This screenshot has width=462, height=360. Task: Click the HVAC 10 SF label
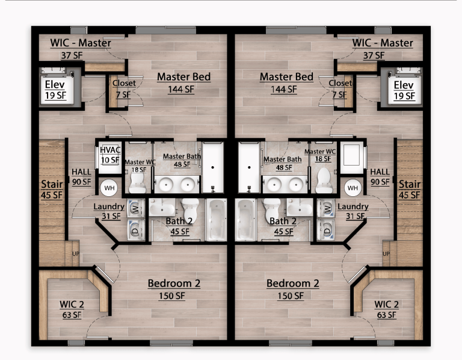click(110, 155)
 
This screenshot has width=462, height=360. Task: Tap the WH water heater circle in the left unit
click(109, 188)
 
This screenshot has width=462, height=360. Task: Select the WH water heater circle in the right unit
click(353, 188)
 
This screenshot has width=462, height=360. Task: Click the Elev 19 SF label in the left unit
click(54, 90)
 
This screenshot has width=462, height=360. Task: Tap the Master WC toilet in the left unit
click(138, 180)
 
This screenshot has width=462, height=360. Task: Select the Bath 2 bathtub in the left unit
click(217, 219)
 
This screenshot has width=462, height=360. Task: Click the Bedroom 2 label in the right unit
click(293, 289)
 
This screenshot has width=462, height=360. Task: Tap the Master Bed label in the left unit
click(183, 82)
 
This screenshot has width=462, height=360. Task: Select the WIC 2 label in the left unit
click(72, 309)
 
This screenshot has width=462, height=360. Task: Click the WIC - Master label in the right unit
click(383, 48)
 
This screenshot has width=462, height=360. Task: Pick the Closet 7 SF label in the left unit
click(123, 88)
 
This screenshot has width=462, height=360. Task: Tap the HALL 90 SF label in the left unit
click(81, 176)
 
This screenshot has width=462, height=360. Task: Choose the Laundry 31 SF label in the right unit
click(353, 211)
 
